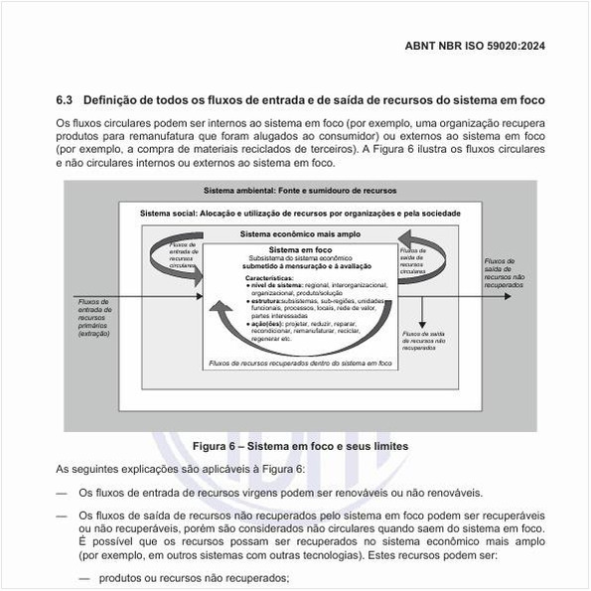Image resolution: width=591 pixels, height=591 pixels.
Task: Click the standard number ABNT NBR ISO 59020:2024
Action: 474,46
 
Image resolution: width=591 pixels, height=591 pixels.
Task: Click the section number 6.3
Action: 65,100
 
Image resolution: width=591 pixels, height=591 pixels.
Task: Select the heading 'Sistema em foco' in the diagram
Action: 301,249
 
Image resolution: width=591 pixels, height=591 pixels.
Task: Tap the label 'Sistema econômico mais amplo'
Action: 300,234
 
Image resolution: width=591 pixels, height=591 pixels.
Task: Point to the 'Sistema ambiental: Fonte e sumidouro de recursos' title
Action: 300,190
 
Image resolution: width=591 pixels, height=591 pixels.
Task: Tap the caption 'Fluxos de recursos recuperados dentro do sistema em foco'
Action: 301,364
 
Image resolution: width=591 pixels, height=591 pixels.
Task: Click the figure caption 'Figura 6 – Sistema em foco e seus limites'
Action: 300,447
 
